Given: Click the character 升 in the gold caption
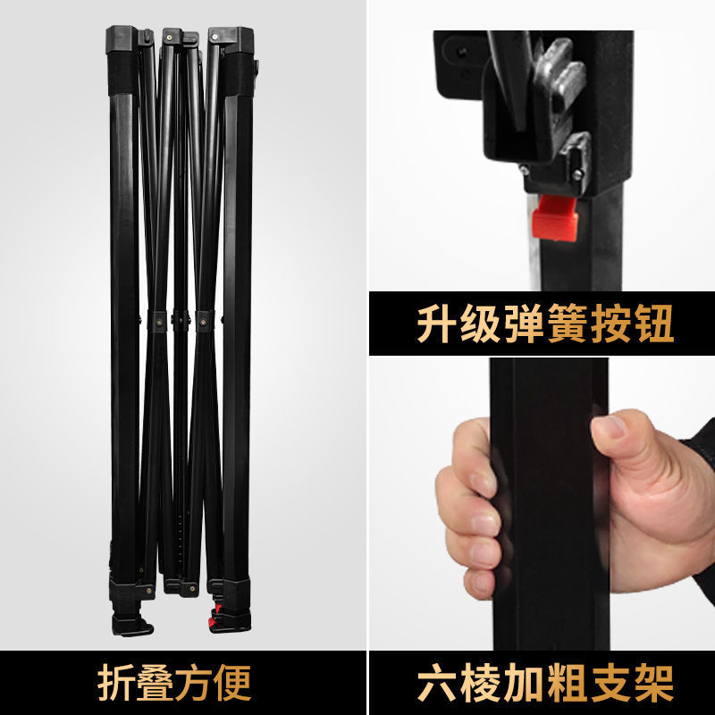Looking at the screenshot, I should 436,326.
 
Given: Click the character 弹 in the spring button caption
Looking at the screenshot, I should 523,326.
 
